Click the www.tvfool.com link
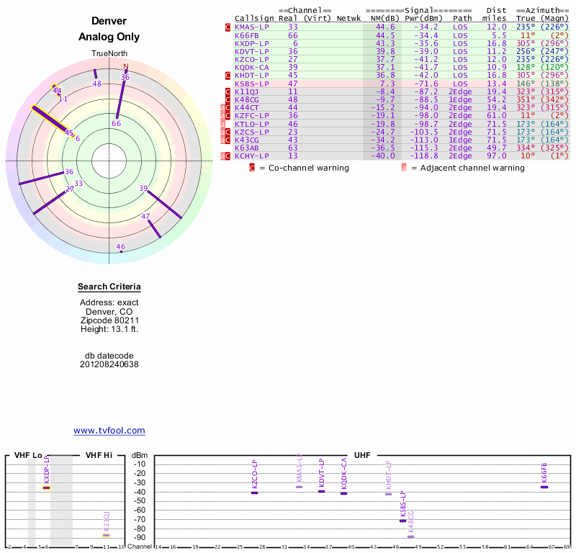109,431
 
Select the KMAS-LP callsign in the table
251,27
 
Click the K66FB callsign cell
246,35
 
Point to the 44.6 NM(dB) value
384,27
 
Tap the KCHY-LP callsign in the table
251,156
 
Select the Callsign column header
254,18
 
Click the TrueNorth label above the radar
109,54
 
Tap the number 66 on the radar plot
117,124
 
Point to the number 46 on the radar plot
121,247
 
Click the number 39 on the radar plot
143,189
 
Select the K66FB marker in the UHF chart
544,487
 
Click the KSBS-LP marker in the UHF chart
403,520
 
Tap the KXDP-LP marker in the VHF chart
46,487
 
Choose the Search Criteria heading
109,287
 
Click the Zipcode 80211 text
109,320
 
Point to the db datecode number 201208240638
109,364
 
